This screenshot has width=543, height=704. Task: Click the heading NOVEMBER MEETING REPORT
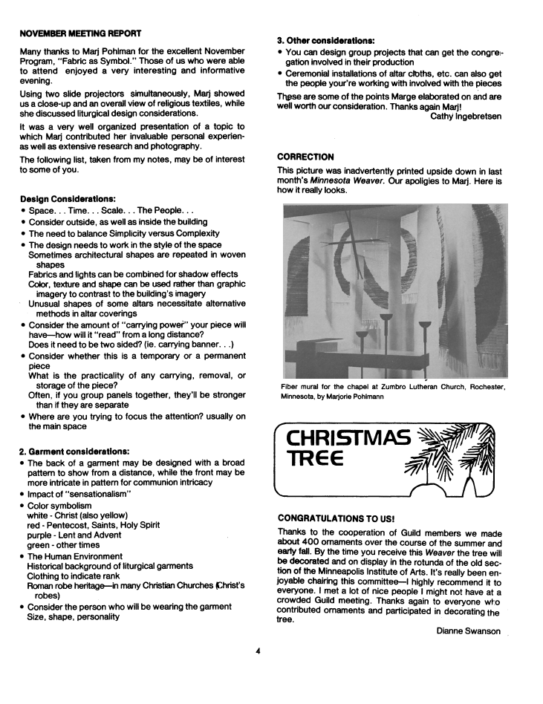[x=81, y=33]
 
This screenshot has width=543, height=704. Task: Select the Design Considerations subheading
[x=68, y=199]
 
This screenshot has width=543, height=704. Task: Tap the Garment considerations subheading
[x=75, y=451]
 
